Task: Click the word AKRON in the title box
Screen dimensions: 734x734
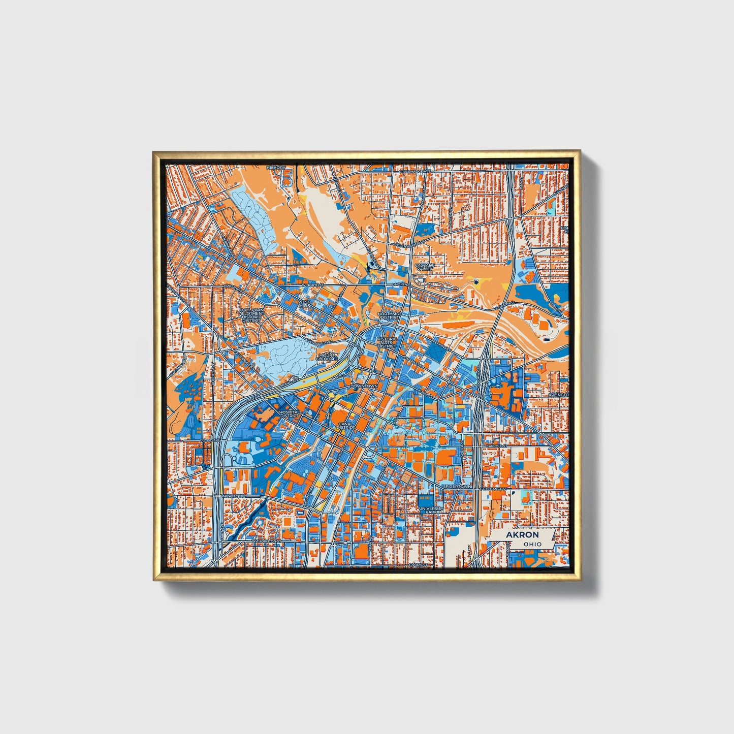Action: pos(522,535)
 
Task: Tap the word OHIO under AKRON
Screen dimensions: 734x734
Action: pos(532,544)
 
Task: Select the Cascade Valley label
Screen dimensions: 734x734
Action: pos(424,267)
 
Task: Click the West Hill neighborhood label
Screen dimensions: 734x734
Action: pos(304,304)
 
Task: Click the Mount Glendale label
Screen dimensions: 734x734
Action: pos(327,357)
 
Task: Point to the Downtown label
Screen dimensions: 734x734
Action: pos(364,387)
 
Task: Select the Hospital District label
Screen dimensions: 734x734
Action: pos(290,414)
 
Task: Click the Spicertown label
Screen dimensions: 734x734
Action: pos(457,487)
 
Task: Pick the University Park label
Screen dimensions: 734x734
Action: pos(431,510)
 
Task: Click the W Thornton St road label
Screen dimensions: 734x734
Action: pos(266,541)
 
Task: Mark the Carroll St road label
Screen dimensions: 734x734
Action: pos(496,446)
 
